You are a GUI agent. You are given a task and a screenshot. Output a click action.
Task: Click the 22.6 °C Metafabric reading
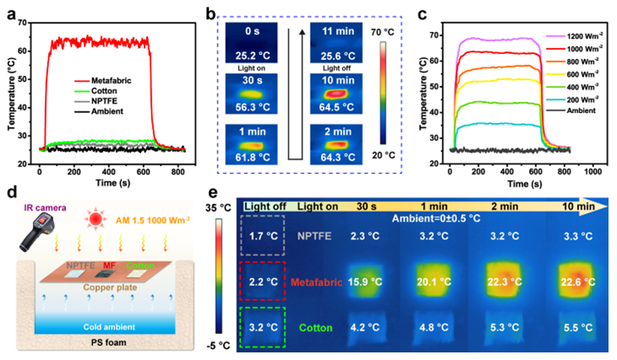pyautogui.click(x=569, y=283)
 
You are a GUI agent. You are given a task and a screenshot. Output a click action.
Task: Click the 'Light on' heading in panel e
pyautogui.click(x=320, y=205)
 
